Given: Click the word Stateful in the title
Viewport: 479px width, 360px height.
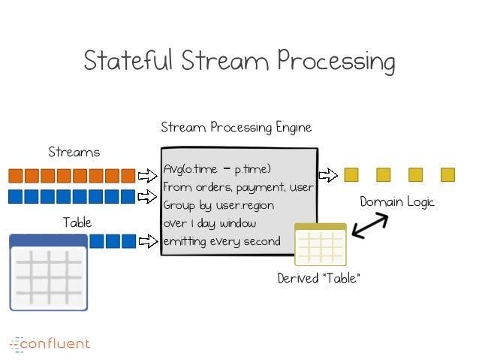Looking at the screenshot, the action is coord(128,59).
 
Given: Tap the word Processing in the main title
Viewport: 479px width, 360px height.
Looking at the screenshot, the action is coord(336,62).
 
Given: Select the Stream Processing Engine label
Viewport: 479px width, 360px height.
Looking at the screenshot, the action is coord(236,127).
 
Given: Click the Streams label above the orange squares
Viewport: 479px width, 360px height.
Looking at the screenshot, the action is coord(74,152).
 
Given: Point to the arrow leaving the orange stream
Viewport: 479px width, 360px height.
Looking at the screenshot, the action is coord(148,176).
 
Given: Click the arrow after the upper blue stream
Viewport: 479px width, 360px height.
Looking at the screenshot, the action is coord(148,196).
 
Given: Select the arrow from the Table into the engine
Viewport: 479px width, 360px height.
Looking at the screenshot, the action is coord(148,241).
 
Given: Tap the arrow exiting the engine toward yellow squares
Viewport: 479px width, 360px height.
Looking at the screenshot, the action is coord(328,175).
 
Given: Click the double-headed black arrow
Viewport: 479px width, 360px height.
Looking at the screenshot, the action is coord(370,225).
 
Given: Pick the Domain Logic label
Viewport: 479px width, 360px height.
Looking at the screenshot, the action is coord(397,202).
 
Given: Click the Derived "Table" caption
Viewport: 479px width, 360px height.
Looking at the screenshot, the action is coord(318,278).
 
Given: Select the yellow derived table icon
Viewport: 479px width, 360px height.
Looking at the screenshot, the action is coord(321,244).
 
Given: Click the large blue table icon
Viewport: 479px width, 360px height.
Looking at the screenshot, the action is coord(49,272).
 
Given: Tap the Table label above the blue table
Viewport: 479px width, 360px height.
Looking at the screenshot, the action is coord(77,222).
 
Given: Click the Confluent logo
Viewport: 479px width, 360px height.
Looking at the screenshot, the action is coord(50,344).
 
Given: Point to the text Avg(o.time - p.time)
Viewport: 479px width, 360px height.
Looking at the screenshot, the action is coord(217,169).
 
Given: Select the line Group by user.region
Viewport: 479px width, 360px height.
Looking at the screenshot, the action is coord(218,205).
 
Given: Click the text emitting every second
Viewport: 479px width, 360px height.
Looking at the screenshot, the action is coord(221,242).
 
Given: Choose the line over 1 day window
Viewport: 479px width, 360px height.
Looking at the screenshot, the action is coord(209,223).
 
